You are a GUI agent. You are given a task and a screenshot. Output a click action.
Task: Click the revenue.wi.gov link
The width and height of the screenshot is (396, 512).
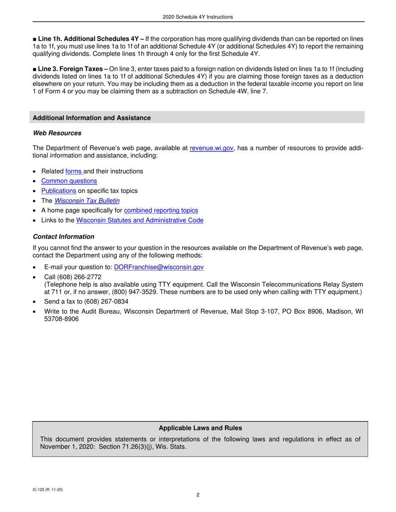tap(211, 148)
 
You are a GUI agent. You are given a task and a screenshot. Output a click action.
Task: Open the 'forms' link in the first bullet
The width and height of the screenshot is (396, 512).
tap(74, 171)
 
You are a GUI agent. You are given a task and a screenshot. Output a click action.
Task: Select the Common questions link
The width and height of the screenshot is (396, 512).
tap(69, 181)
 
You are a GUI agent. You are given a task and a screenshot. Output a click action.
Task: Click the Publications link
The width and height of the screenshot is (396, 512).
tap(58, 191)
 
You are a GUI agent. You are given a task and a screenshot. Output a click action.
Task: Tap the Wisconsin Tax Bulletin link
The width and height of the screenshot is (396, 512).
tap(87, 201)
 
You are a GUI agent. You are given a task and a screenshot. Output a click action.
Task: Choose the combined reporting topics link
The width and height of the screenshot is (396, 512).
tap(161, 211)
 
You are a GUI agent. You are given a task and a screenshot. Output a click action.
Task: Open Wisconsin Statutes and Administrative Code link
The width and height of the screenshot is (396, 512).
tap(140, 220)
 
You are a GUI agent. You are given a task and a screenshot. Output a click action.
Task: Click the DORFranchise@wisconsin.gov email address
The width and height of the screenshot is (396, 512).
tap(158, 267)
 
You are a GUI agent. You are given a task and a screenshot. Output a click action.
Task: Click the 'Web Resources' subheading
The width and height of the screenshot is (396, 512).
tap(57, 133)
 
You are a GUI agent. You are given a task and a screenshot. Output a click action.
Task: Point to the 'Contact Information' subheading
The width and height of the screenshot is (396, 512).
tap(63, 237)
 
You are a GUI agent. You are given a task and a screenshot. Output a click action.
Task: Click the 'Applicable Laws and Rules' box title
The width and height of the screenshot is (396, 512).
tap(200, 428)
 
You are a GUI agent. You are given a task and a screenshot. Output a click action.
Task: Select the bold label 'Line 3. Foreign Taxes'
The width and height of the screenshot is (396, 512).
tap(70, 69)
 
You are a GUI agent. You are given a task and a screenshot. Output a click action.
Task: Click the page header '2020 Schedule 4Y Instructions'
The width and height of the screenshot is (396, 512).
tap(198, 17)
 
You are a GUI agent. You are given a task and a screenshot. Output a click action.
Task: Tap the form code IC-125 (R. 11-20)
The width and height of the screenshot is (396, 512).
tap(48, 490)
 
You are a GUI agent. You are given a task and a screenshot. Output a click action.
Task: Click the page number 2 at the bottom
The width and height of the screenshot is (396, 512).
tap(198, 495)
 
